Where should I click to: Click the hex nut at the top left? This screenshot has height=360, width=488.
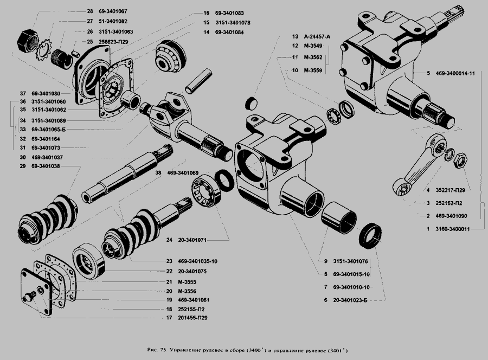coord(27,39)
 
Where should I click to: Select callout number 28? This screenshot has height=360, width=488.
coord(90,11)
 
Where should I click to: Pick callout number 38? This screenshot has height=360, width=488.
coord(158,173)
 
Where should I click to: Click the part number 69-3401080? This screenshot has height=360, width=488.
coord(49,93)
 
